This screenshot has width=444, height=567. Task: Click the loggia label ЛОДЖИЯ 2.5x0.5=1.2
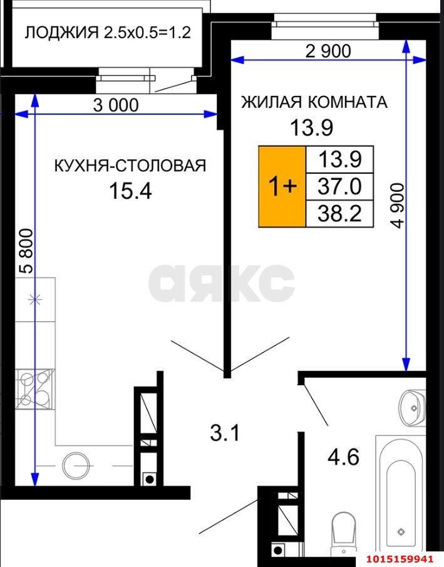(x=107, y=33)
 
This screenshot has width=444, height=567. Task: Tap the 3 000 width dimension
(x=116, y=105)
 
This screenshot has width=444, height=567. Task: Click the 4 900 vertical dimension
(x=397, y=205)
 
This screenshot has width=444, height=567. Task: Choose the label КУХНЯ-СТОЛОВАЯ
(x=130, y=166)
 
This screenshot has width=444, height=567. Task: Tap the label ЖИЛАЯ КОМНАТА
(x=314, y=102)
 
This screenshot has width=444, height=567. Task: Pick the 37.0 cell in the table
(x=338, y=186)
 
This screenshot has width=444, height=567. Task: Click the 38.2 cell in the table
(x=338, y=213)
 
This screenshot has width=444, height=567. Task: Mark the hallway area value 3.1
(x=225, y=433)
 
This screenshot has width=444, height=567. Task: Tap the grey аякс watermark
(x=222, y=283)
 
